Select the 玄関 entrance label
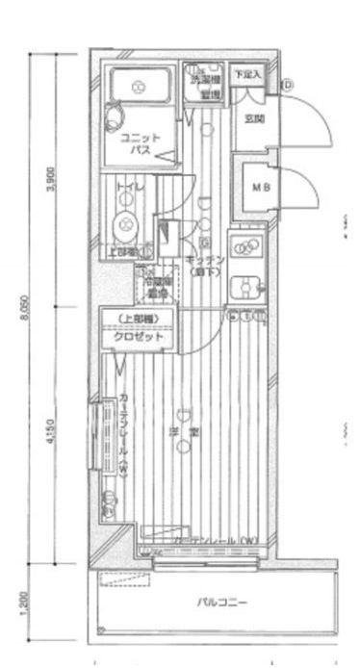click(x=254, y=119)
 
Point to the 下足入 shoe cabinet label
click(x=248, y=74)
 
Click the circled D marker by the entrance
click(x=289, y=86)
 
